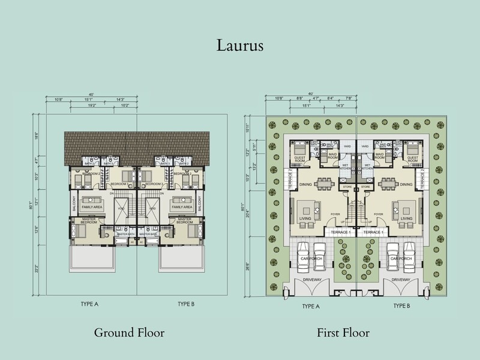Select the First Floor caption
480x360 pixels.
[x=345, y=332]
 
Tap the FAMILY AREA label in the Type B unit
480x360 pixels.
[x=181, y=206]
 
